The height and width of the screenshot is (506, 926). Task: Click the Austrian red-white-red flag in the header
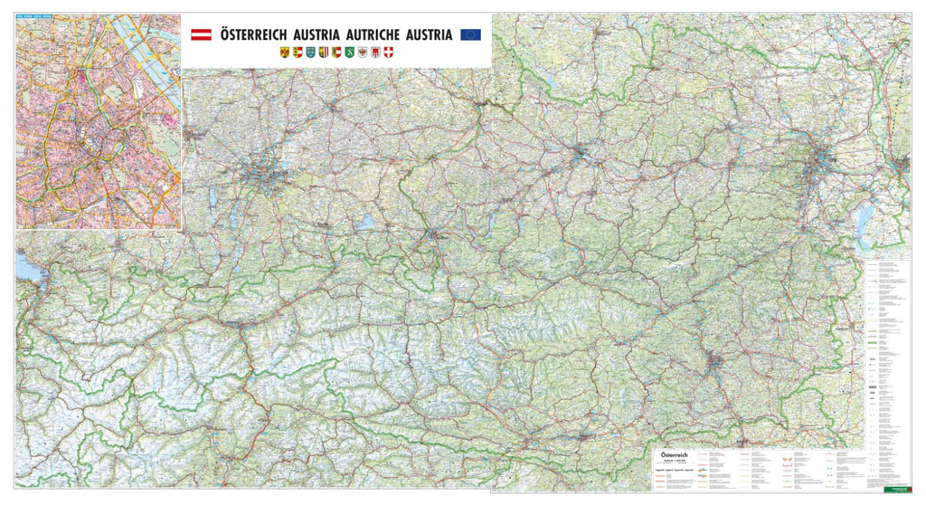pos(200,34)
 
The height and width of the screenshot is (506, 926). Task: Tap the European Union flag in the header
pos(470,34)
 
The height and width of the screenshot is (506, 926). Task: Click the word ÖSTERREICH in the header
pos(253,34)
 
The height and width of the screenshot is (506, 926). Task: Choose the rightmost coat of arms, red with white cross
pos(390,53)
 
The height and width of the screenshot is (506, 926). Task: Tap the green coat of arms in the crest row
pos(350,53)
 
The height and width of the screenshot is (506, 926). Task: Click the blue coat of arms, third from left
pos(312,53)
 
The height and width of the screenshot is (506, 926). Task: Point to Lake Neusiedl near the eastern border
pos(864,218)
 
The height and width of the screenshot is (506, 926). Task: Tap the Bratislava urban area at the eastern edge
pos(901,165)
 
